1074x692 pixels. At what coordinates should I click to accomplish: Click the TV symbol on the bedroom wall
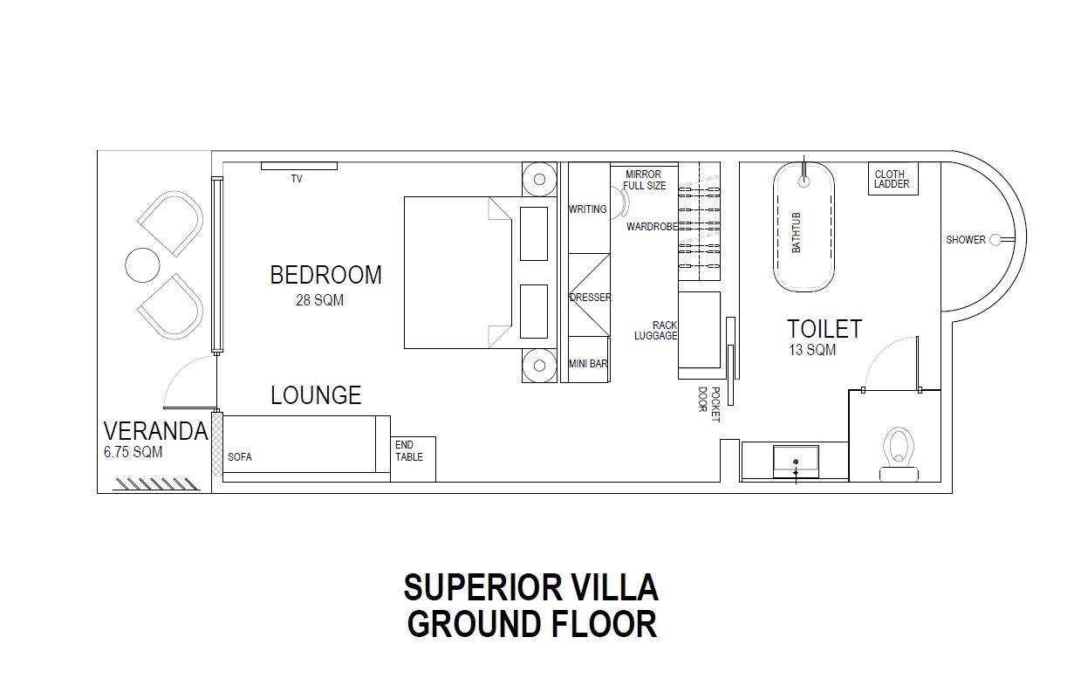point(298,166)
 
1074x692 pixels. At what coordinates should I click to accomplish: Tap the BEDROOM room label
point(325,275)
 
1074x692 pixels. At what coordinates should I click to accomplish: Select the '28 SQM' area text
point(319,301)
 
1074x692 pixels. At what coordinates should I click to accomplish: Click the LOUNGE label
point(316,395)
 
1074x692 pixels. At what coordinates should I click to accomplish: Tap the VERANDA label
point(155,431)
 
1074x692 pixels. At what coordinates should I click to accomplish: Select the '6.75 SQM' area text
point(133,453)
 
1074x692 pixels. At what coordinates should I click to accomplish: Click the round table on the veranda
point(142,264)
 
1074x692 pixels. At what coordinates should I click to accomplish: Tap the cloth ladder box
point(893,179)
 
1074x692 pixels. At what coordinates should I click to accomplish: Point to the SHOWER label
point(965,240)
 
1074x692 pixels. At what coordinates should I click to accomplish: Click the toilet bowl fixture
point(900,449)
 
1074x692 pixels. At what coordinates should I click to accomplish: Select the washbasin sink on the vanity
point(796,459)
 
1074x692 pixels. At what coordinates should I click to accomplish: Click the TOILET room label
point(824,329)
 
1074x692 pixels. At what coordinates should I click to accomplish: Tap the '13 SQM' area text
point(811,351)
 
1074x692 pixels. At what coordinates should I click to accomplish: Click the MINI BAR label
point(588,364)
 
